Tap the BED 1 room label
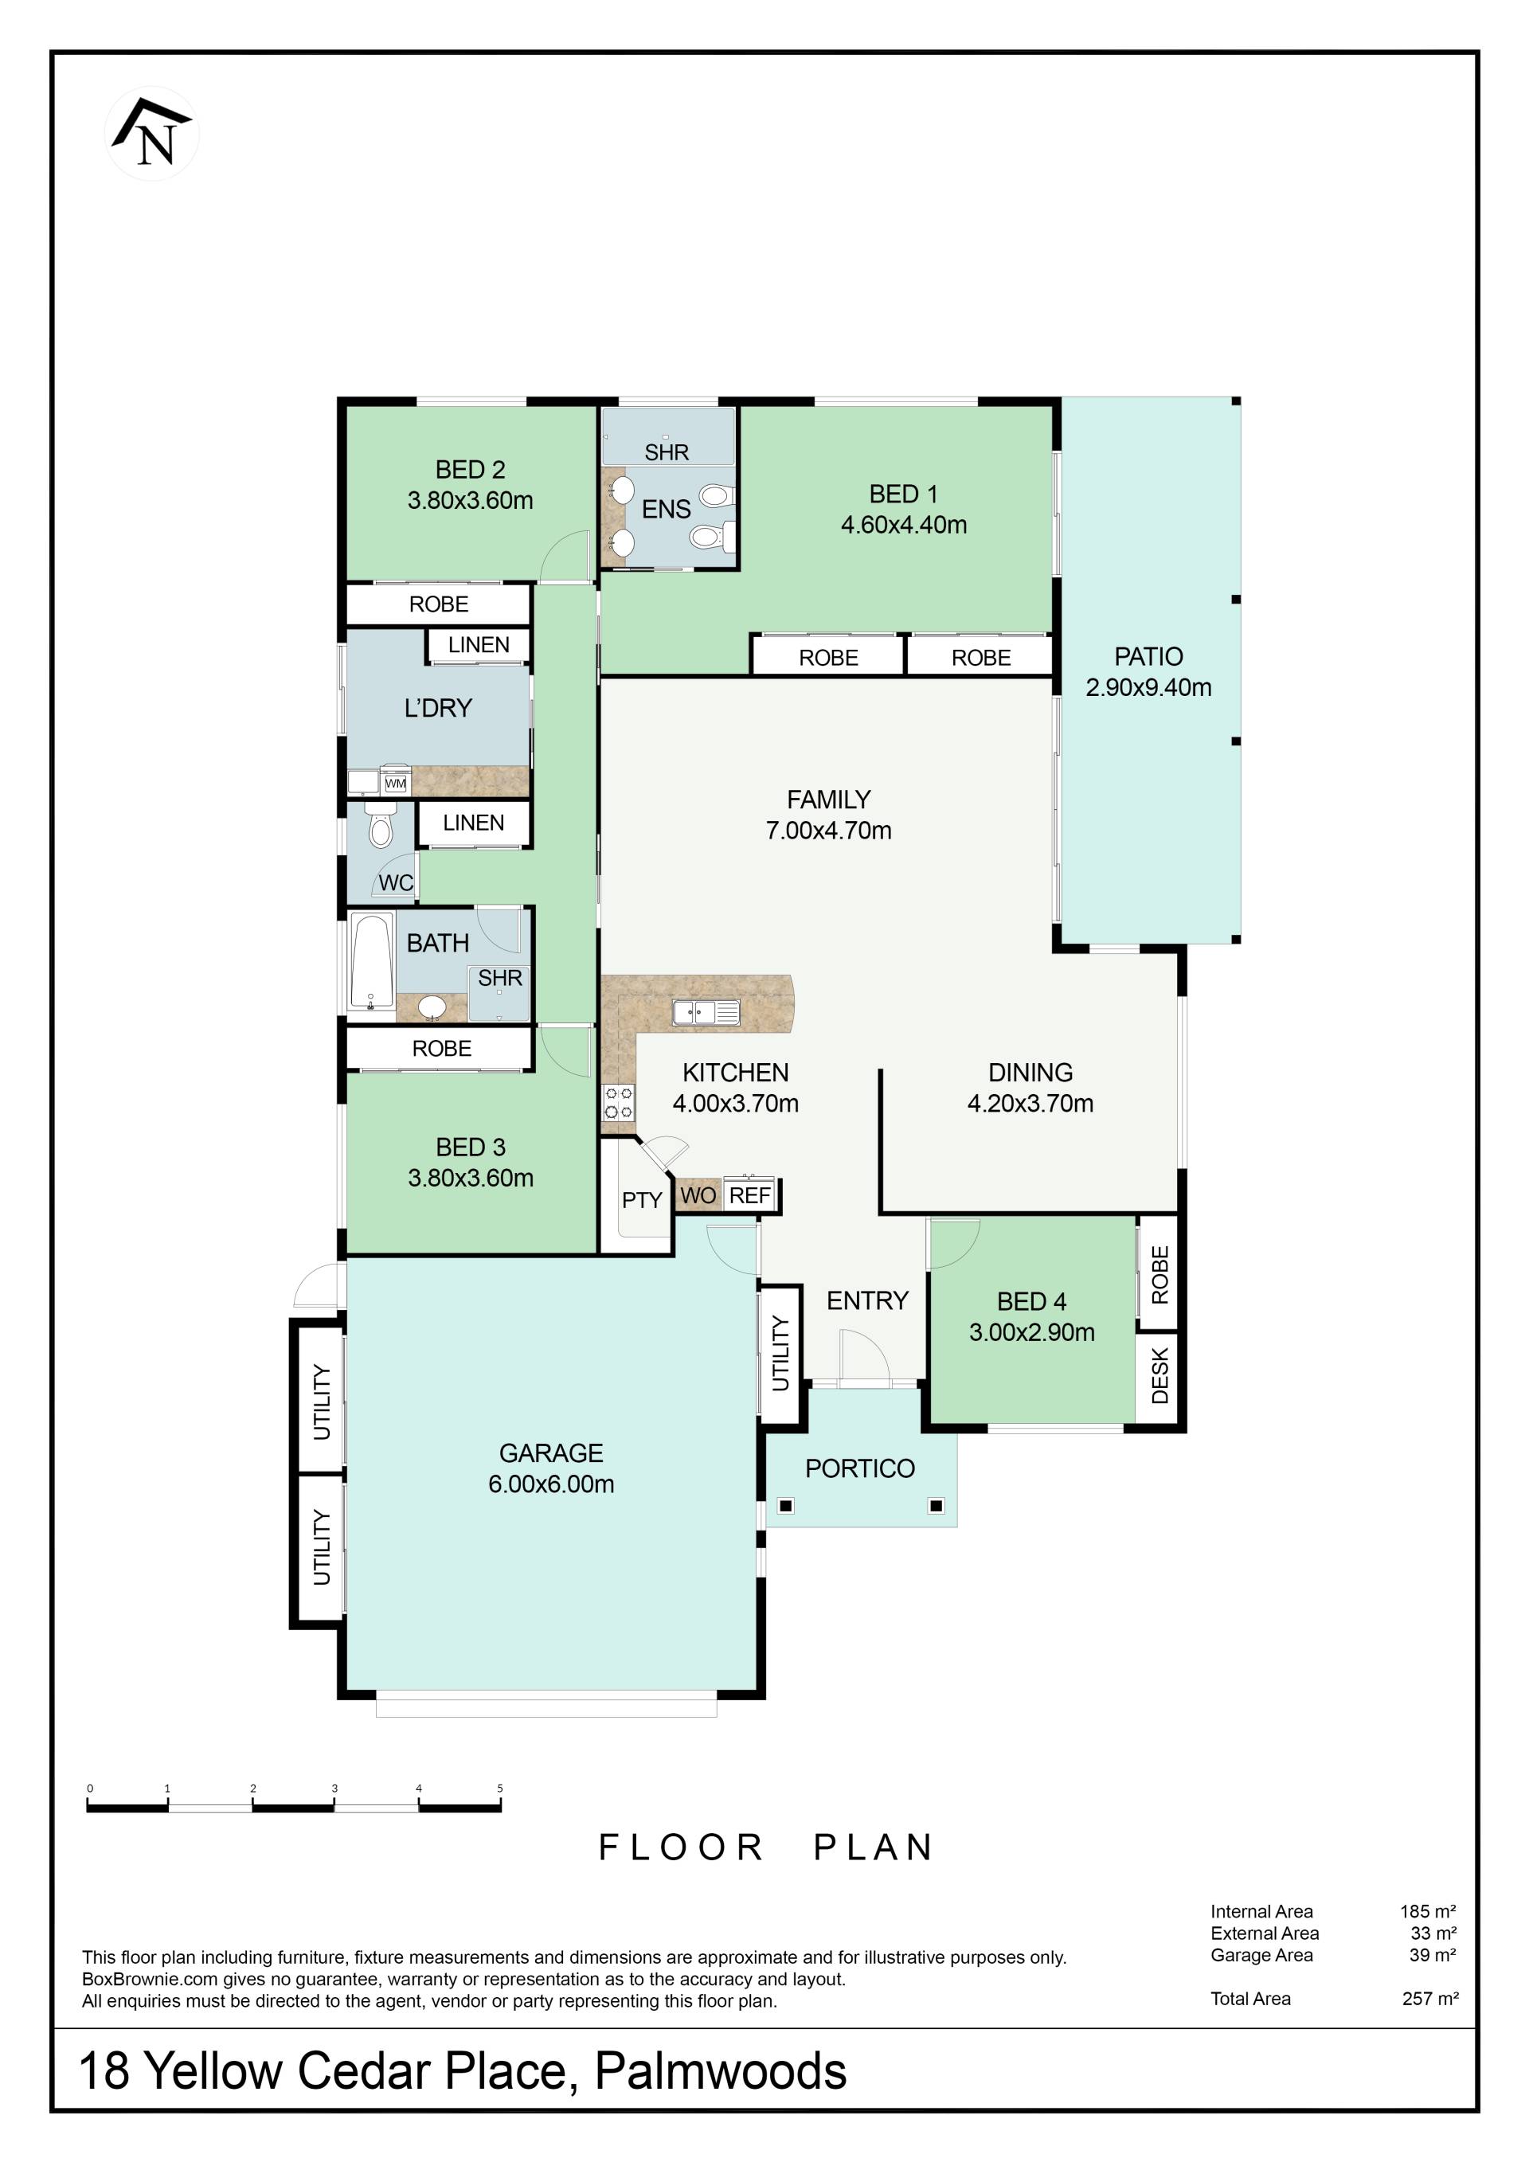(903, 495)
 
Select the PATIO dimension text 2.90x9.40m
(1148, 687)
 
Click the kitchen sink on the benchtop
(706, 1012)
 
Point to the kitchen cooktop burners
(619, 1103)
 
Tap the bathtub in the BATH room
(372, 963)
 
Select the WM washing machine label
(396, 784)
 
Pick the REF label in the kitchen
(750, 1195)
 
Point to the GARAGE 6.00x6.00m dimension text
(551, 1484)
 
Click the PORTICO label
(859, 1469)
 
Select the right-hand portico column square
(936, 1506)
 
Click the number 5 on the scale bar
(500, 1789)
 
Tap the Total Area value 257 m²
(1430, 1998)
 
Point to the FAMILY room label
(828, 800)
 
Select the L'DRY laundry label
(438, 708)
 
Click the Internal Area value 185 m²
(1428, 1911)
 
